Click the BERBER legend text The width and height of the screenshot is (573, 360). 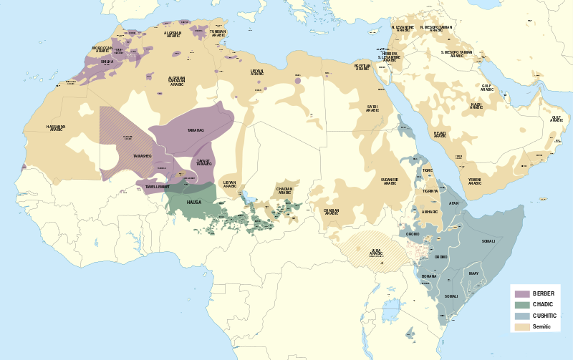click(x=544, y=294)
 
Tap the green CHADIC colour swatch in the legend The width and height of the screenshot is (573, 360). click(x=521, y=305)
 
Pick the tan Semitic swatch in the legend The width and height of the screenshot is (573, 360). click(x=521, y=326)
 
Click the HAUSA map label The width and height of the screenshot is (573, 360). click(x=195, y=203)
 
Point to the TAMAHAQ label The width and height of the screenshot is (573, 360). click(x=196, y=130)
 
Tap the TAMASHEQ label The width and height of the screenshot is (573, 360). click(x=142, y=156)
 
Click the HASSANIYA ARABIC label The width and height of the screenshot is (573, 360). click(x=56, y=129)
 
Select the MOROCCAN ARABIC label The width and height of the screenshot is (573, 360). click(x=102, y=49)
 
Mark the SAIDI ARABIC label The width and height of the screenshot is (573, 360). click(x=372, y=108)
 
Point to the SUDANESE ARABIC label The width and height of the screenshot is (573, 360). click(x=390, y=181)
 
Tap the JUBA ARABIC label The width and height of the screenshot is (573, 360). click(x=376, y=252)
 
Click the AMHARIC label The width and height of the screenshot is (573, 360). click(x=430, y=213)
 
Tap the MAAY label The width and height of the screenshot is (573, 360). click(x=473, y=273)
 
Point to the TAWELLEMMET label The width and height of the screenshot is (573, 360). click(x=157, y=187)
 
